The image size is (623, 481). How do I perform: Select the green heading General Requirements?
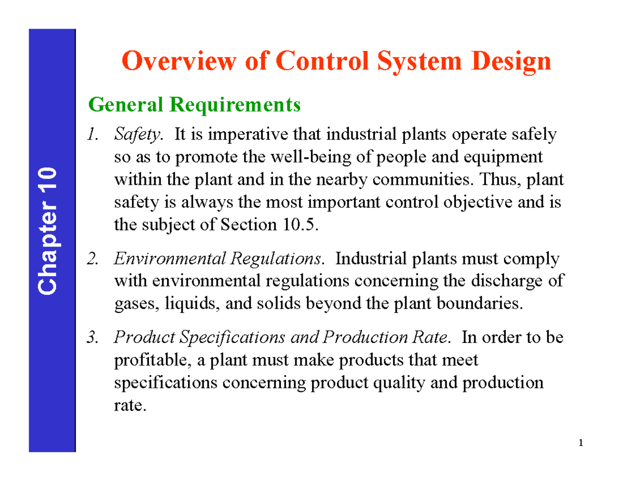[195, 105]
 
